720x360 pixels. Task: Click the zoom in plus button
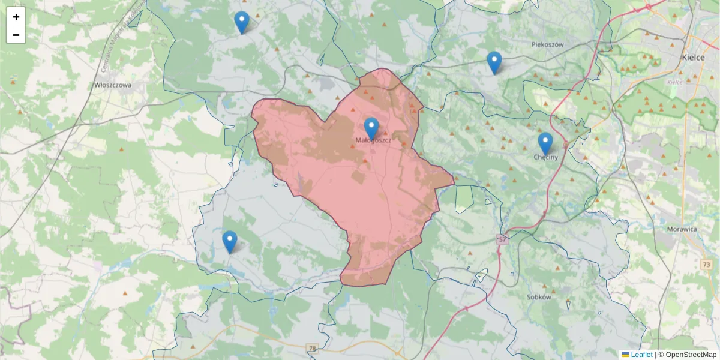tap(16, 17)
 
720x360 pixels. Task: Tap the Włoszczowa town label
tap(113, 85)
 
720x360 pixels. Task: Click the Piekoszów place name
tap(548, 44)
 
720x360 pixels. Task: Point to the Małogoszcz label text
tap(373, 140)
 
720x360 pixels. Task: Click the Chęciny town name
tap(545, 157)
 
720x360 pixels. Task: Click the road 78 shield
tap(311, 348)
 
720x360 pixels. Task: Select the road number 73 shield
tap(706, 265)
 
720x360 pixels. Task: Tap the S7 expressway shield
tap(502, 240)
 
